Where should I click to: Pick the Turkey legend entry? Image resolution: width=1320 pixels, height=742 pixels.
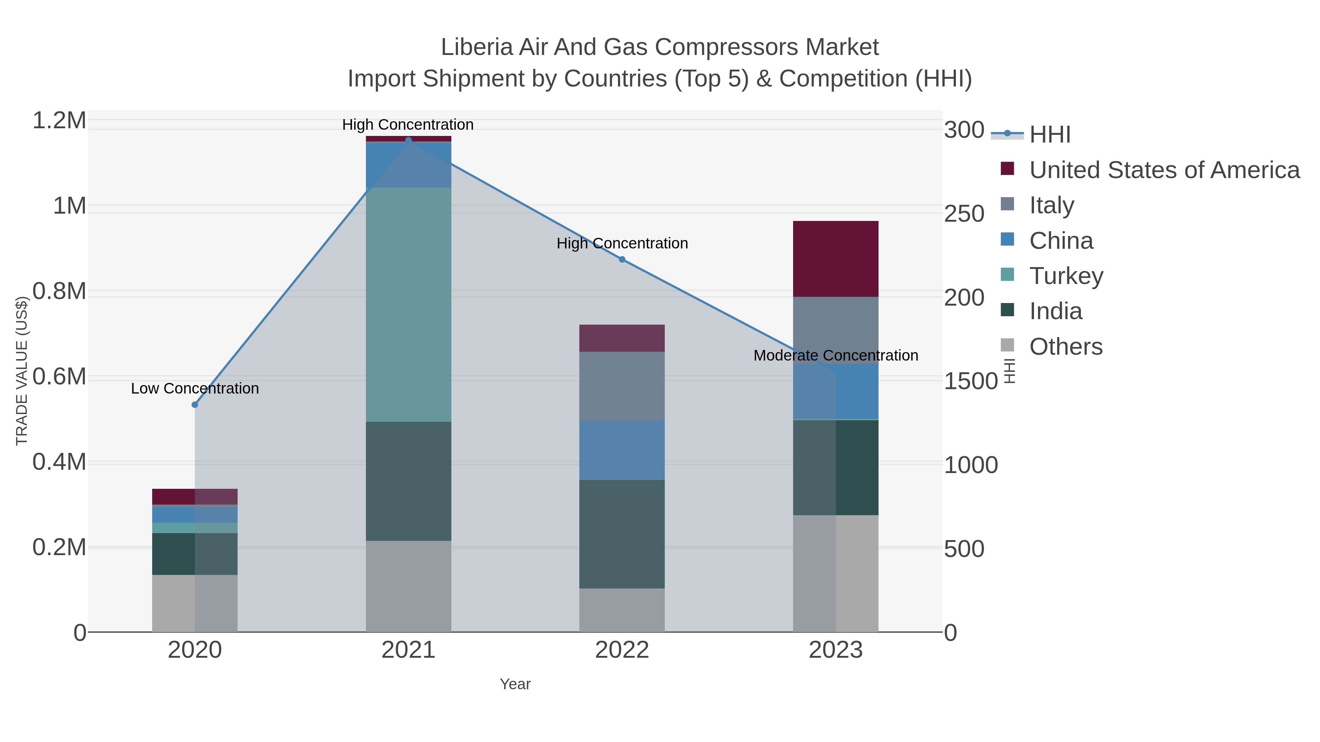(x=1066, y=276)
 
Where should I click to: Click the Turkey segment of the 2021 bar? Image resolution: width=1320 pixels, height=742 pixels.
(x=408, y=305)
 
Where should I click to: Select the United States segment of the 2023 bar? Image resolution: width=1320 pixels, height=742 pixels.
(x=835, y=259)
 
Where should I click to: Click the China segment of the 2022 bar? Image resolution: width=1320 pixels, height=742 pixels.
(x=621, y=450)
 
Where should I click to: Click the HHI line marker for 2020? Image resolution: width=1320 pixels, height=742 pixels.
(x=195, y=405)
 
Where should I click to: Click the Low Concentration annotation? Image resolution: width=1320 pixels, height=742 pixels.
(x=195, y=389)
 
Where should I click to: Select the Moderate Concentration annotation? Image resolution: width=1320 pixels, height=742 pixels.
(x=835, y=355)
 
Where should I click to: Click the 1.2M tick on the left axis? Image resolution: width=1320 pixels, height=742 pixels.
(x=59, y=121)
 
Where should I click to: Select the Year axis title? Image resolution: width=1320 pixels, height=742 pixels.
(x=515, y=684)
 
